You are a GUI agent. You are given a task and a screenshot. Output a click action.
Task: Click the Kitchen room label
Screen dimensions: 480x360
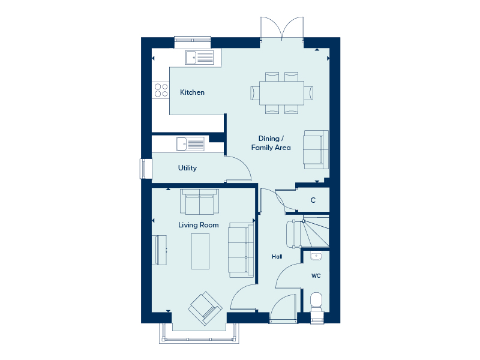192,92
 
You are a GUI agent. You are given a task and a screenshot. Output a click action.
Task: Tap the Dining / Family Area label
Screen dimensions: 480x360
271,143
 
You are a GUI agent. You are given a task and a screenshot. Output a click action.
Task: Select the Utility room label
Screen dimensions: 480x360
187,168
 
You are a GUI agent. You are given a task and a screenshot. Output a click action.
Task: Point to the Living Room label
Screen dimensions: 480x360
199,225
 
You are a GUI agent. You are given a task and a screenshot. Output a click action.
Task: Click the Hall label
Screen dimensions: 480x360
277,257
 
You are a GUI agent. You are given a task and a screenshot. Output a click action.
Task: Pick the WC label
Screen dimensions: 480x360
316,276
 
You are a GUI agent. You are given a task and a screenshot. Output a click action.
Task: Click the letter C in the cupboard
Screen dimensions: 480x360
313,200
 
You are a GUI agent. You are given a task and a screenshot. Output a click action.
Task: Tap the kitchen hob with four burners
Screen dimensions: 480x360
161,91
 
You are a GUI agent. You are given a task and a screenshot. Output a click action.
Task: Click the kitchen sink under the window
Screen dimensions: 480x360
200,58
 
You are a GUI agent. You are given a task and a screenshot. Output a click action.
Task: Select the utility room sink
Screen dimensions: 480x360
190,144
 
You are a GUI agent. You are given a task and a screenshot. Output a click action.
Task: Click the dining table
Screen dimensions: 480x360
281,93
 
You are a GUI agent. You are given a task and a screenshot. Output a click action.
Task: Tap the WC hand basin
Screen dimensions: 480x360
316,256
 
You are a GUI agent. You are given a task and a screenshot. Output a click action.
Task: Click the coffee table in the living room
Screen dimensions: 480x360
200,251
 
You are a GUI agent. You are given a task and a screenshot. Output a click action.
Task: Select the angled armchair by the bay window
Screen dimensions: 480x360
205,308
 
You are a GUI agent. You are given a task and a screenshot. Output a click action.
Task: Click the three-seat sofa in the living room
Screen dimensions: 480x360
241,250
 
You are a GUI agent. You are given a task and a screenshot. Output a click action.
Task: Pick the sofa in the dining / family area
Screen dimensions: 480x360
316,149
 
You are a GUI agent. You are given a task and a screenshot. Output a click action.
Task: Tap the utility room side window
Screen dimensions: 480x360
143,169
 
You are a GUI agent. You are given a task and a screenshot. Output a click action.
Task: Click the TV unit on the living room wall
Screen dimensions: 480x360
160,250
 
